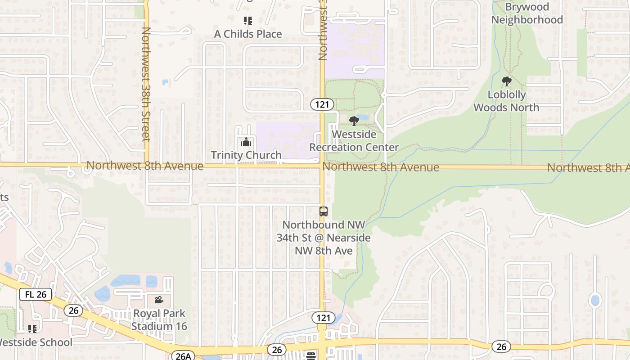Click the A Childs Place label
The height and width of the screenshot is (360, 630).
click(x=248, y=34)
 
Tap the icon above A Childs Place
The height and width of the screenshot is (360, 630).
click(x=247, y=20)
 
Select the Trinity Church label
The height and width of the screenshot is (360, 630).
click(x=246, y=155)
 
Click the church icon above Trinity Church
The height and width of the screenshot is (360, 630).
click(x=246, y=143)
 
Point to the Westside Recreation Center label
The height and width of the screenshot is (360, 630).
click(x=354, y=141)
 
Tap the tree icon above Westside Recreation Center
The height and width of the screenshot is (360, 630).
click(x=354, y=121)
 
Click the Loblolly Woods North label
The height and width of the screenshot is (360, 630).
click(x=506, y=101)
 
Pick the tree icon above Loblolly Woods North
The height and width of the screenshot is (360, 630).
click(x=506, y=81)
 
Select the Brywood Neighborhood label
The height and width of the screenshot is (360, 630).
click(x=527, y=13)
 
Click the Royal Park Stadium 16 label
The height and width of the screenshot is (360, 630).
click(x=159, y=319)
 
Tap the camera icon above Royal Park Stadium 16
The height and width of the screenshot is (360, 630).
click(x=158, y=300)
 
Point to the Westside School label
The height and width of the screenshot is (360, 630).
click(x=36, y=342)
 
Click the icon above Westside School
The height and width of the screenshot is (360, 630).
click(x=32, y=329)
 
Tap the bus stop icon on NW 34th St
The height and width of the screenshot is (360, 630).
click(x=323, y=211)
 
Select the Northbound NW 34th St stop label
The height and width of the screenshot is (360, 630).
click(x=324, y=237)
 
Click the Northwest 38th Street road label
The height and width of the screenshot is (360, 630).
click(x=145, y=84)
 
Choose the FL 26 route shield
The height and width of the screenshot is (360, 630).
click(x=36, y=295)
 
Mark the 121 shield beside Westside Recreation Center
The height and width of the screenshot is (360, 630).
click(x=322, y=105)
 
